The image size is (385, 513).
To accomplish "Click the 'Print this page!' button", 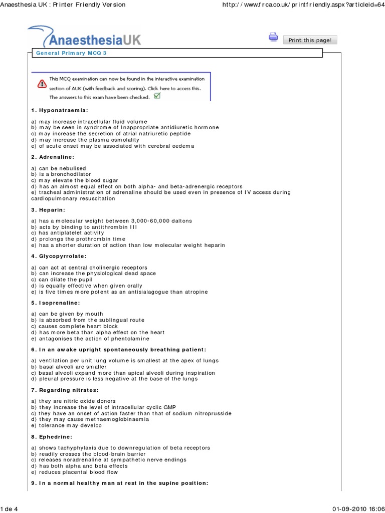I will (310, 40).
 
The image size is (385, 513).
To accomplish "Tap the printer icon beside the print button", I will (273, 37).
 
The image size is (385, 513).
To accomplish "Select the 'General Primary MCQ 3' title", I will (71, 53).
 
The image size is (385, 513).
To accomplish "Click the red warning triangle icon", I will (42, 84).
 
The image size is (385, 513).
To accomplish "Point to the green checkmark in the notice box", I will (157, 96).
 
